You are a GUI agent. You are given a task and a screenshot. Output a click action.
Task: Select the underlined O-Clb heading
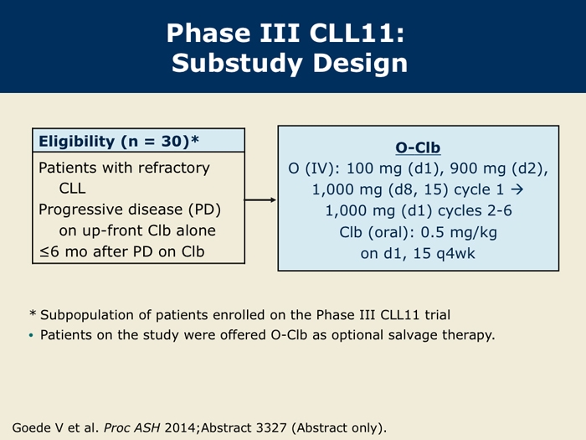[x=418, y=148]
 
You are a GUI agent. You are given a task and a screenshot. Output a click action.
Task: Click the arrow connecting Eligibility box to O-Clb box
[x=260, y=199]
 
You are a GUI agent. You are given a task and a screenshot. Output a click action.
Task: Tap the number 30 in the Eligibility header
[x=175, y=141]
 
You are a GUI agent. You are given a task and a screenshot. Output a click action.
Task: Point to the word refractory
[x=174, y=168]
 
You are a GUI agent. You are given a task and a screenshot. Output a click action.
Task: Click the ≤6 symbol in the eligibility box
[x=49, y=251]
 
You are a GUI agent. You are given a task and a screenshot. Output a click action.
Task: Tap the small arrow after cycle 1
[x=517, y=189]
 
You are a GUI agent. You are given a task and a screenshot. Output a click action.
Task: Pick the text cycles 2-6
[x=475, y=210]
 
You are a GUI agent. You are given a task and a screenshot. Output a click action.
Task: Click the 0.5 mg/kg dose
[x=459, y=232]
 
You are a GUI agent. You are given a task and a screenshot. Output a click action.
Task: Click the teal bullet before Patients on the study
[x=31, y=335]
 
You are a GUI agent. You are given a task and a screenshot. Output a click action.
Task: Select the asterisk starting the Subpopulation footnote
[x=33, y=313]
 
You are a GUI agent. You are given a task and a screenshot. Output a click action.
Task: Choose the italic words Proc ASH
[x=132, y=427]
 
